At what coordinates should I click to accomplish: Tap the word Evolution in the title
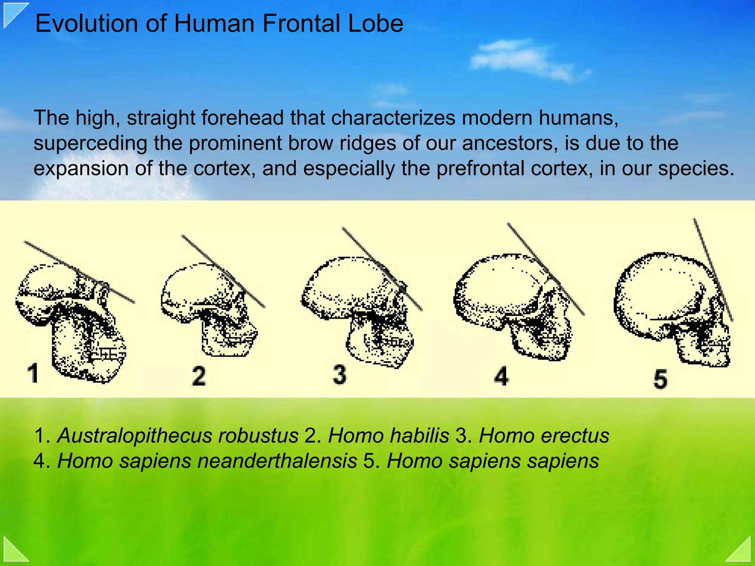pos(87,24)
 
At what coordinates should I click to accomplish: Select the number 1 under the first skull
pos(33,373)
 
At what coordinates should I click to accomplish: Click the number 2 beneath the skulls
pos(199,376)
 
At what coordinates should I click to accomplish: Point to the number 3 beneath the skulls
pos(340,374)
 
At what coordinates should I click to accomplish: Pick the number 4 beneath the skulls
pos(501,376)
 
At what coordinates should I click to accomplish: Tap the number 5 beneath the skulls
pos(660,379)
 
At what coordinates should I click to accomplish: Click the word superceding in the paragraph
pos(90,144)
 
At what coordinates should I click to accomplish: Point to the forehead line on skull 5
pos(713,269)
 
